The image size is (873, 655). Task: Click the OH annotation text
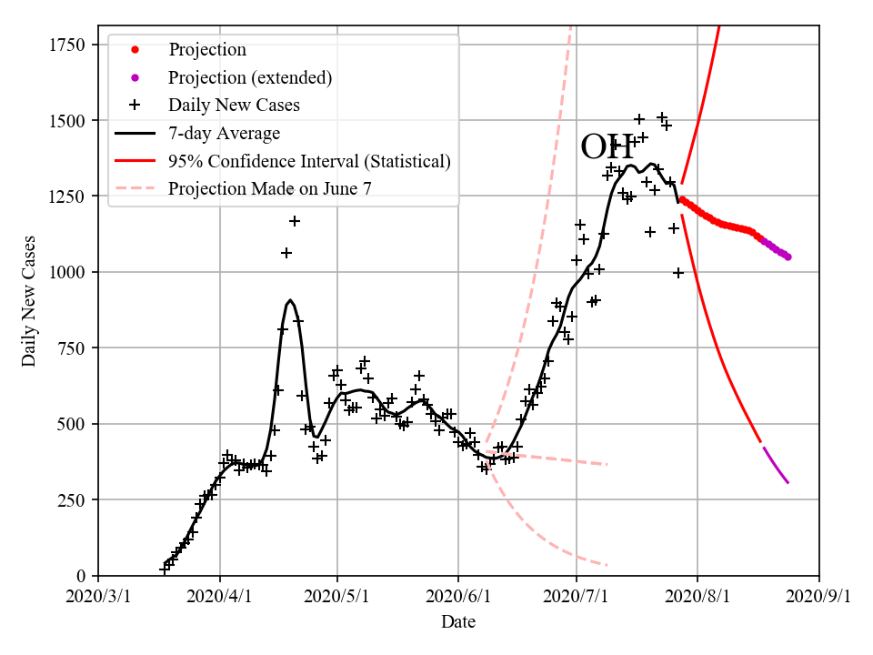607,146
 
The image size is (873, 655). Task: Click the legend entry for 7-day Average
224,134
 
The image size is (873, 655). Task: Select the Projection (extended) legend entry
250,77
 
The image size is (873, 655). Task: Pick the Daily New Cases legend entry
234,106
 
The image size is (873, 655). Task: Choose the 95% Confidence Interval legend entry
309,162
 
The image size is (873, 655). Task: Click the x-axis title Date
458,622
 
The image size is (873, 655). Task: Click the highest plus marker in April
295,221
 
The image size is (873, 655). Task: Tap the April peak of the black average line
289,300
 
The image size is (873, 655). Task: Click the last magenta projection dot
788,257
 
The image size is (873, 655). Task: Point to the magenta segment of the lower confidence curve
776,465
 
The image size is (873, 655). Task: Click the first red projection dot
682,199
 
